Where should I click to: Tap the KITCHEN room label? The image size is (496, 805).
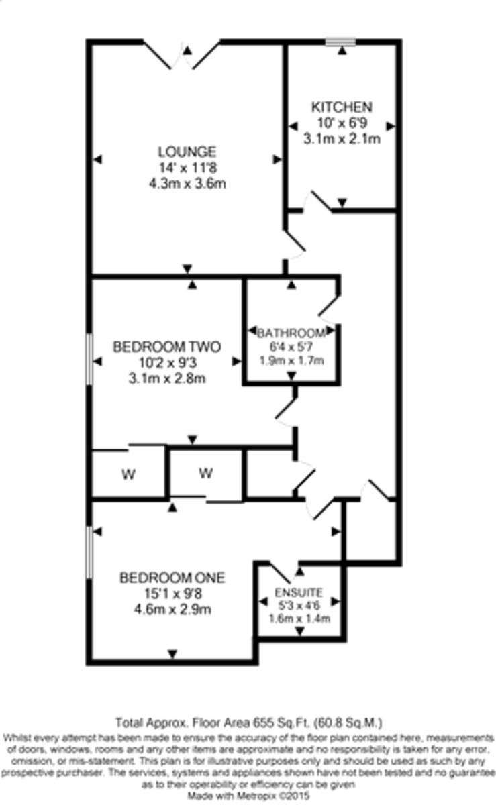click(x=341, y=107)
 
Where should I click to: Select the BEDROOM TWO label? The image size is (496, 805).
click(x=167, y=347)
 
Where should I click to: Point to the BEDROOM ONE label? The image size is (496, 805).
click(x=172, y=578)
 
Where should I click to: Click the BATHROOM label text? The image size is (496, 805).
click(x=291, y=333)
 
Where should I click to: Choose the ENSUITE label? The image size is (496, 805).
click(x=299, y=593)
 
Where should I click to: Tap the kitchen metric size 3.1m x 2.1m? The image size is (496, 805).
click(x=341, y=140)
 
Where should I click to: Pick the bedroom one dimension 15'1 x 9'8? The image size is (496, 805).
click(x=172, y=594)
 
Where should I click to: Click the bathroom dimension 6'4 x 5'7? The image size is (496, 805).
click(x=291, y=347)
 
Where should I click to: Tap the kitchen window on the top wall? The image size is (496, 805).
click(x=341, y=42)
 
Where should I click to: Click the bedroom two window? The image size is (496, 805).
click(x=89, y=360)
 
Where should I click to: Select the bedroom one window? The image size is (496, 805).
click(x=89, y=551)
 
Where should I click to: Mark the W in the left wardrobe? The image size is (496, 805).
click(x=128, y=475)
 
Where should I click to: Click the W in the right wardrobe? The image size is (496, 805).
click(x=205, y=474)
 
